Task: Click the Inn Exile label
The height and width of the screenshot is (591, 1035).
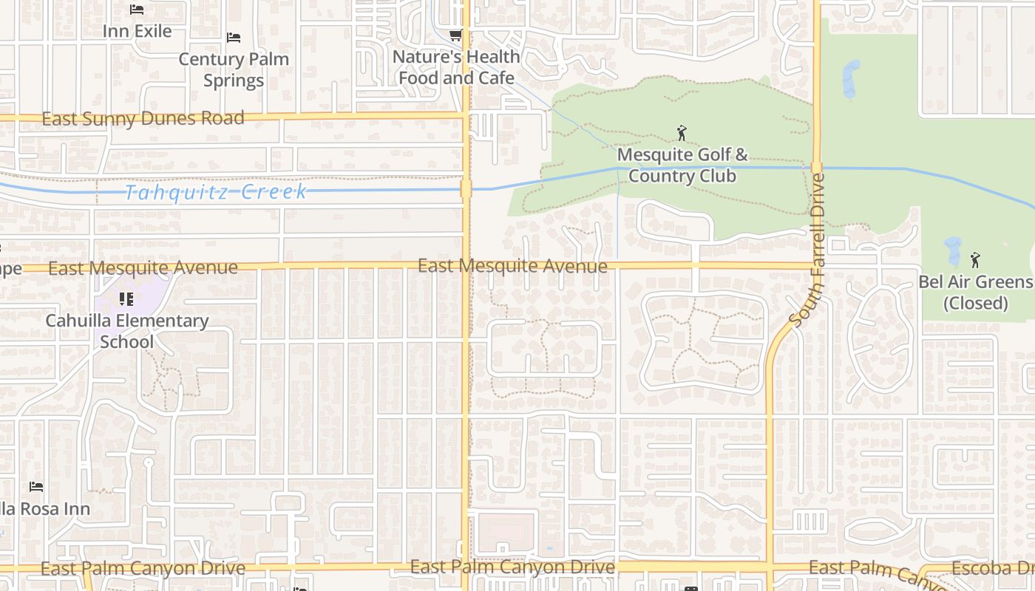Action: click(137, 31)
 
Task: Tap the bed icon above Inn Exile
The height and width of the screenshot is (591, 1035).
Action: click(137, 10)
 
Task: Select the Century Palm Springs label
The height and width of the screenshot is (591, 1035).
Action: click(234, 69)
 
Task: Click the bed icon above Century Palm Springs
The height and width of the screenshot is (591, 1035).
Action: click(234, 38)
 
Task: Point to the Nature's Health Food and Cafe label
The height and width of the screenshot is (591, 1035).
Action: click(456, 66)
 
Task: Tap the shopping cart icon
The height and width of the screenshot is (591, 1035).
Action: click(456, 35)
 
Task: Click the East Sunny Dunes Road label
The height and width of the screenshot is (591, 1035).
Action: click(143, 118)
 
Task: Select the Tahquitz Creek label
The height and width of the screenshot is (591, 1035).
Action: click(216, 192)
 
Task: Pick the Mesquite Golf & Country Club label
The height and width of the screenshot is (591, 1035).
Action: click(682, 165)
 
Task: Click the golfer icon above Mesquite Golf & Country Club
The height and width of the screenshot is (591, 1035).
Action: click(682, 134)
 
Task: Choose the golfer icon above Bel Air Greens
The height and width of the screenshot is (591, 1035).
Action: click(975, 260)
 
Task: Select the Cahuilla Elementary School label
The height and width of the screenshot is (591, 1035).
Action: click(126, 331)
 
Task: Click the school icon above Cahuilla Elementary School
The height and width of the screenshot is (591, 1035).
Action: click(126, 299)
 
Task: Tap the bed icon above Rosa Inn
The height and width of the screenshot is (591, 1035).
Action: click(36, 487)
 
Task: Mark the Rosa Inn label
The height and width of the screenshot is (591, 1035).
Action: click(44, 508)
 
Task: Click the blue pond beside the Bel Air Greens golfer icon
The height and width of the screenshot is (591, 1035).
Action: click(952, 252)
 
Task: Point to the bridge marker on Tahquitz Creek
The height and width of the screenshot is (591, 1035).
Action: click(466, 189)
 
